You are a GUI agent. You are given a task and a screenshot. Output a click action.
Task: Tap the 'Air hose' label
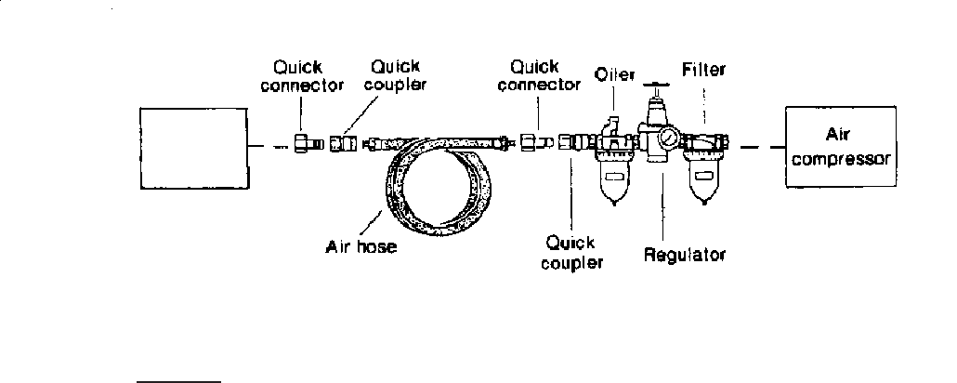(361, 247)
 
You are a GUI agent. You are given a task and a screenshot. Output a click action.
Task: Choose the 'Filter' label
(702, 69)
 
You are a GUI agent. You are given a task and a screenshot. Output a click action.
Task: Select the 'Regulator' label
(684, 254)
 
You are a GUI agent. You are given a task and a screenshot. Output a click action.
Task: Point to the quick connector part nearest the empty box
(304, 144)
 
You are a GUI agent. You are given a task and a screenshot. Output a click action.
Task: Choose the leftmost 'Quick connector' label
(301, 76)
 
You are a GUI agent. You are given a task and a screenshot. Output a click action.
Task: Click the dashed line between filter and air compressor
(756, 146)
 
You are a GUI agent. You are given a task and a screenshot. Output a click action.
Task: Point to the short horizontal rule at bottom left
(178, 379)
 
